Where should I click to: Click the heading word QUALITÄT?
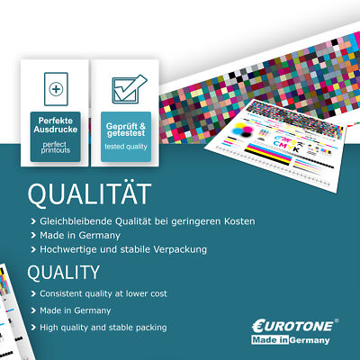89,195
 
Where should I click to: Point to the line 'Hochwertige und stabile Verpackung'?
123,248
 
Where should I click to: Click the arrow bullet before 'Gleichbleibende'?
32,221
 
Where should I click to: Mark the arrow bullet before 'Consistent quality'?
32,293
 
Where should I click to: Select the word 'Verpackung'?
176,248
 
